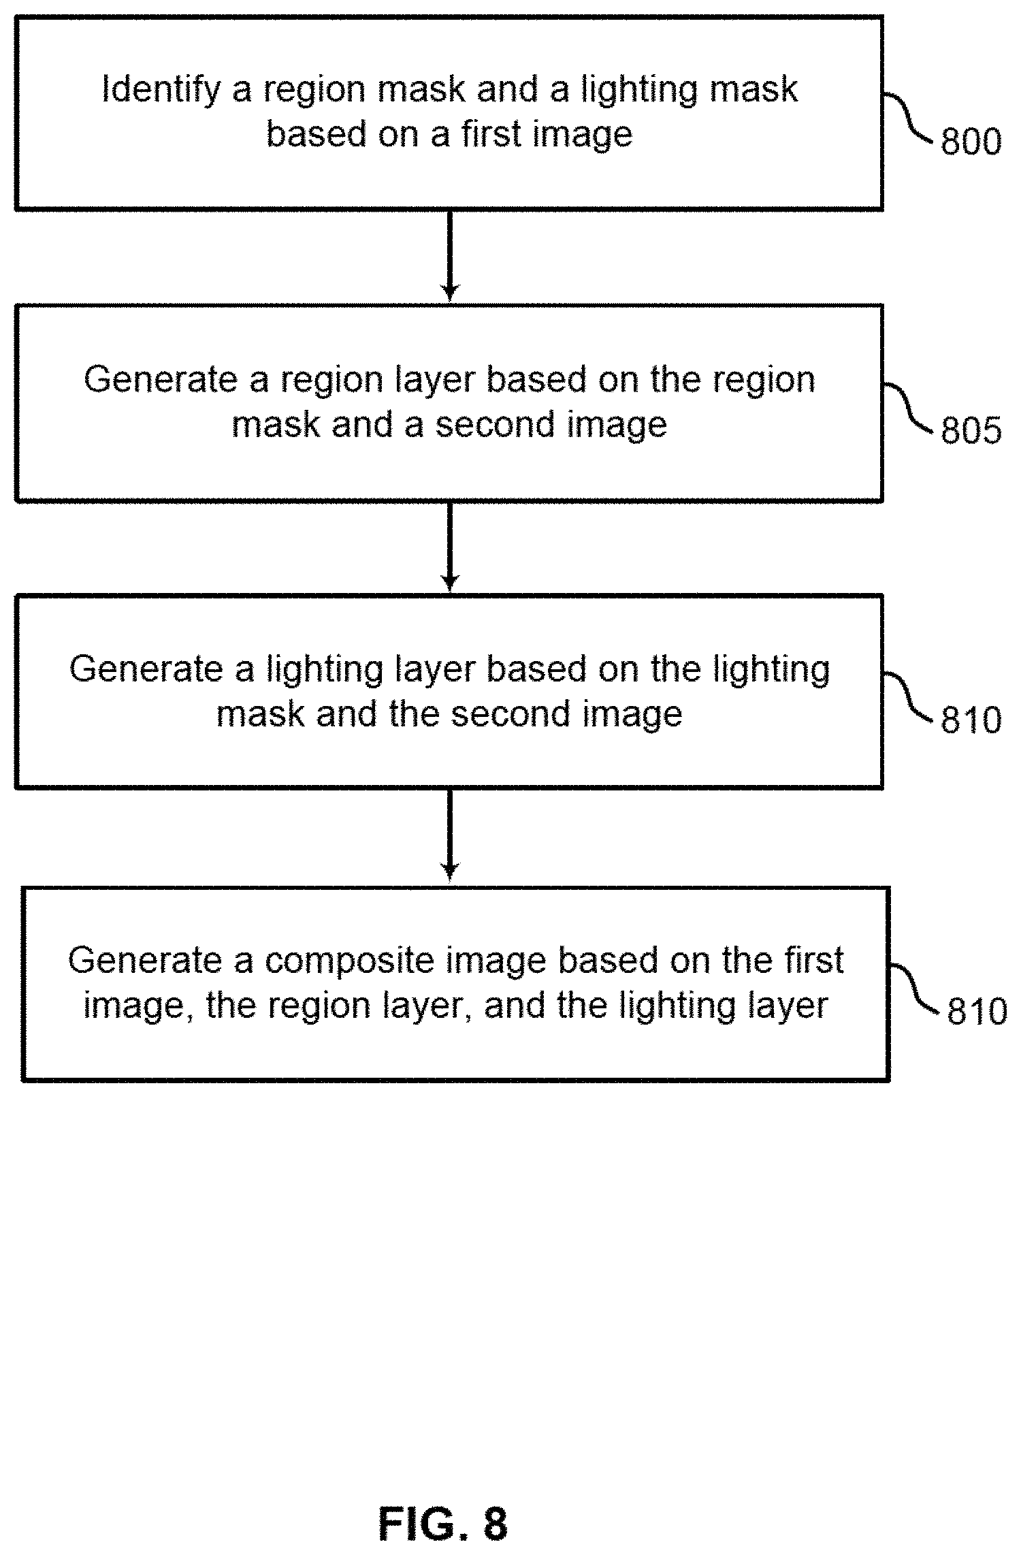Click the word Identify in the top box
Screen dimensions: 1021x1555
(161, 90)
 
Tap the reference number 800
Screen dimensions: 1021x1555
(971, 142)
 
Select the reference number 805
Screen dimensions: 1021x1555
(971, 430)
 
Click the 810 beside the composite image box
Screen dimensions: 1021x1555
(977, 1012)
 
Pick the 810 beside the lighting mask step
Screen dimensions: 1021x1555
(971, 720)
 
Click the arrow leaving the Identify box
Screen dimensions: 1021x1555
(449, 255)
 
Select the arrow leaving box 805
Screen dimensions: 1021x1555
(449, 546)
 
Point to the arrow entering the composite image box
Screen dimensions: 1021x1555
(449, 835)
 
